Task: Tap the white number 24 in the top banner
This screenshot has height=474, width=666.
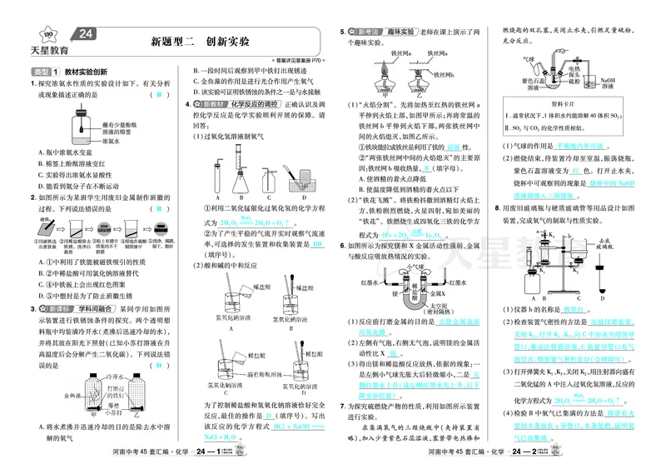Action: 86,34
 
